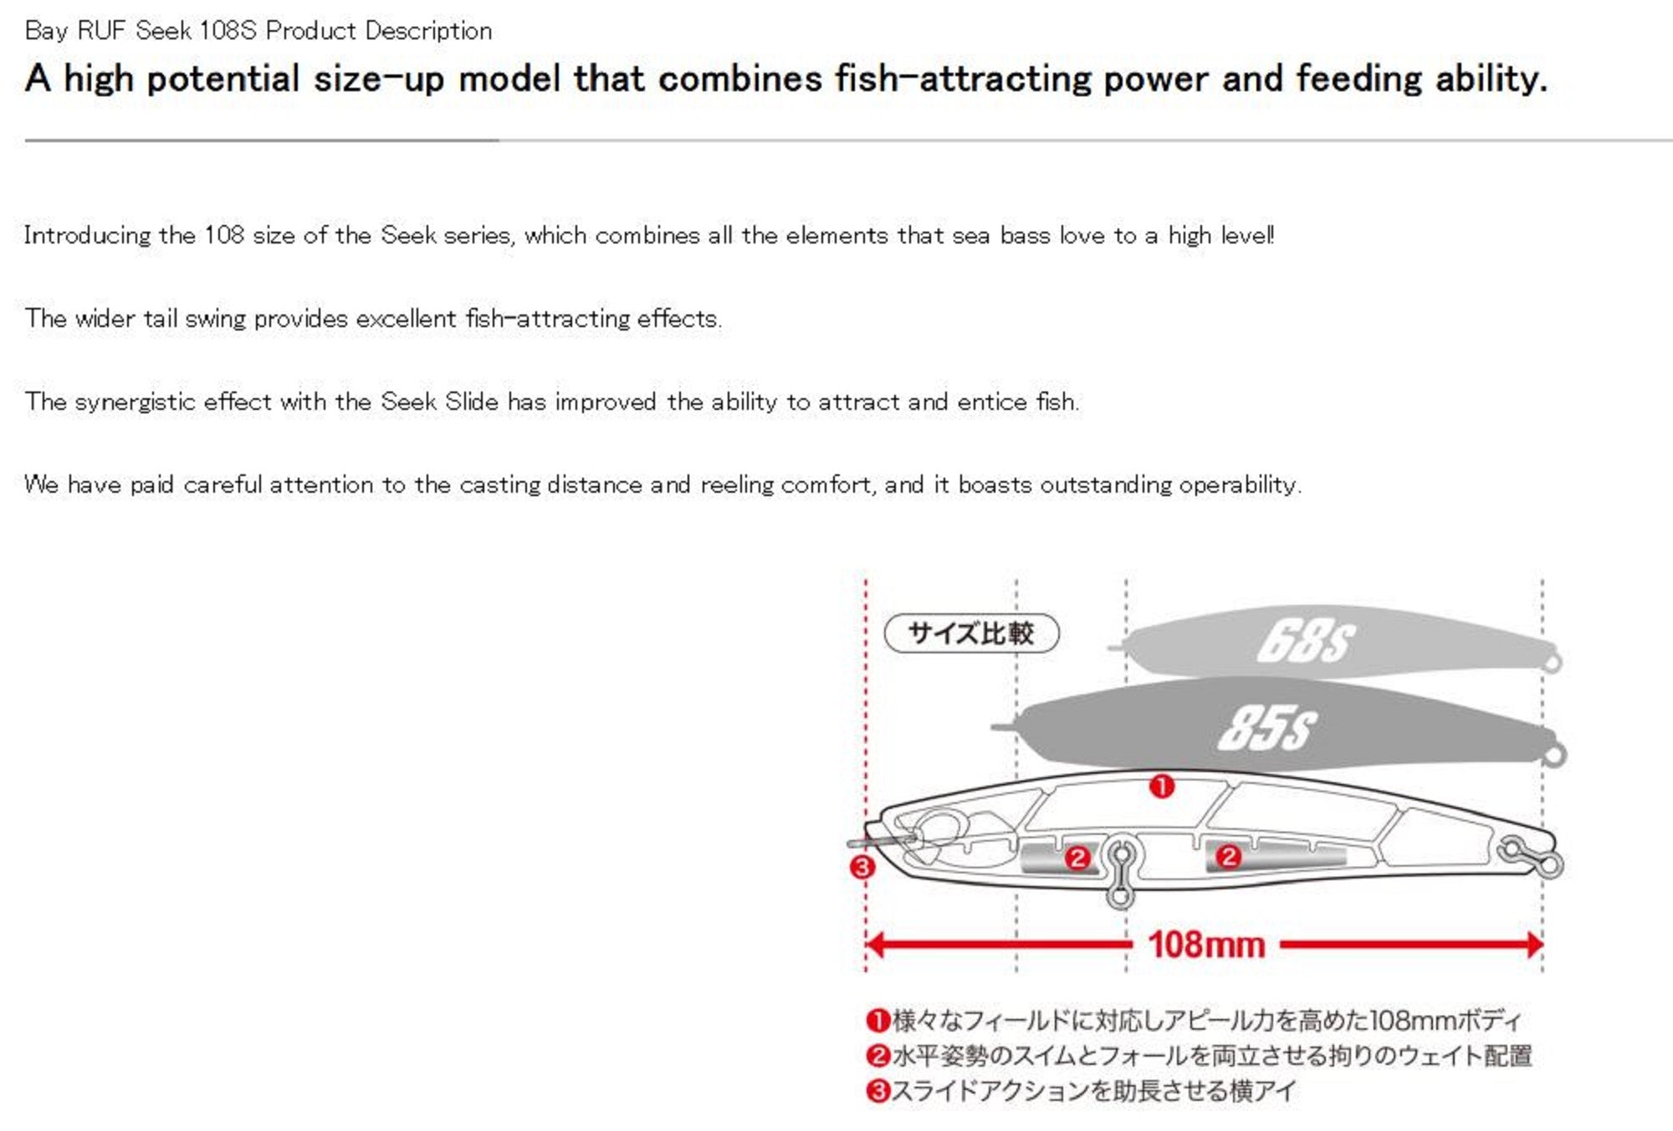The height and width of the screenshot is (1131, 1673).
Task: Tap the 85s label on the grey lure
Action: [1267, 728]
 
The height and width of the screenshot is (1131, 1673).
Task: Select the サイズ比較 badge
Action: [971, 633]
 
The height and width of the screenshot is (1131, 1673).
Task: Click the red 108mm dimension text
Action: [1206, 945]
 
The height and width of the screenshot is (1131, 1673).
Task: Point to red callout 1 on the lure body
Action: [1161, 786]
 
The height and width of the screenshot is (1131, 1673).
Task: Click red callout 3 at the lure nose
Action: [862, 867]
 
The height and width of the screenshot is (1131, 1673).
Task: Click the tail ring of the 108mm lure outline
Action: [1549, 864]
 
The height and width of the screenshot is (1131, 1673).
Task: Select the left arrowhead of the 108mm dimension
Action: [875, 945]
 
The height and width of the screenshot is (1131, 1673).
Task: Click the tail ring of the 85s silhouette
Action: [1554, 755]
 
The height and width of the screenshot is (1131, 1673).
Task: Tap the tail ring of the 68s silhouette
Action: [1553, 663]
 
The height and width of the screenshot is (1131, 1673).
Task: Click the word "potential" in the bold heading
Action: [223, 79]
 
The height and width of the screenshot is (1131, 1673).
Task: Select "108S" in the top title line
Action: [228, 31]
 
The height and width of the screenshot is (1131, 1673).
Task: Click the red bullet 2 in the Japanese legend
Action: [877, 1056]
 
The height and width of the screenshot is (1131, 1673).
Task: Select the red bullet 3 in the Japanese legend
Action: [877, 1091]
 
